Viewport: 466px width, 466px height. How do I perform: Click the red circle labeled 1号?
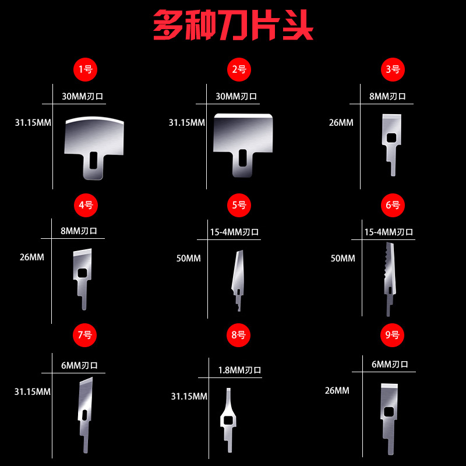(85, 69)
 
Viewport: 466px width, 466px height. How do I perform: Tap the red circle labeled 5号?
(239, 205)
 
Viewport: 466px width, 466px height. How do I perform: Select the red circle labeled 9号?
(393, 335)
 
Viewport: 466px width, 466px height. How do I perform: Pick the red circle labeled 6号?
(393, 205)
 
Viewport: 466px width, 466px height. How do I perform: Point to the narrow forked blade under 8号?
(228, 418)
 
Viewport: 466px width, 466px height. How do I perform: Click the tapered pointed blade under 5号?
(238, 274)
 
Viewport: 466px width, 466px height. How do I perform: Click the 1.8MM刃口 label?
(239, 370)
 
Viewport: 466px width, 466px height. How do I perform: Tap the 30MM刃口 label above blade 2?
(236, 96)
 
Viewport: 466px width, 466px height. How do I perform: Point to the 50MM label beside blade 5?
(188, 258)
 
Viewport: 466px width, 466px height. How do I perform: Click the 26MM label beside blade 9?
(337, 390)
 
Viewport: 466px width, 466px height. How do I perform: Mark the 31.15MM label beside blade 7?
(33, 391)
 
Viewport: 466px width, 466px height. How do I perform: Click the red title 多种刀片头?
(233, 27)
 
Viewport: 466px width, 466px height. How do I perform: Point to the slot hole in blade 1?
(93, 158)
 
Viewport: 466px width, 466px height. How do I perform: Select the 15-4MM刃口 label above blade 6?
(389, 232)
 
